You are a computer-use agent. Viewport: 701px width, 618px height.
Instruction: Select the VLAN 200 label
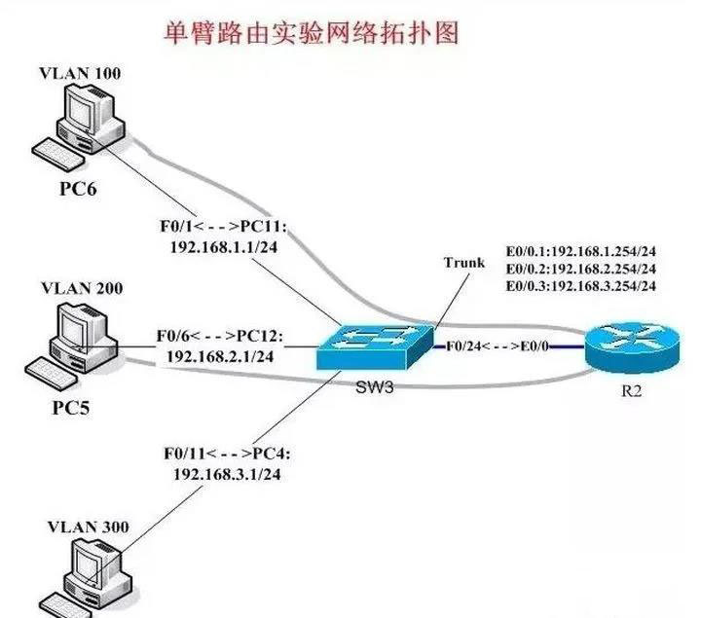click(x=82, y=289)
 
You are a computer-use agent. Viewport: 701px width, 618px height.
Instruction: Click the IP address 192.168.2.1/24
click(x=220, y=356)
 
